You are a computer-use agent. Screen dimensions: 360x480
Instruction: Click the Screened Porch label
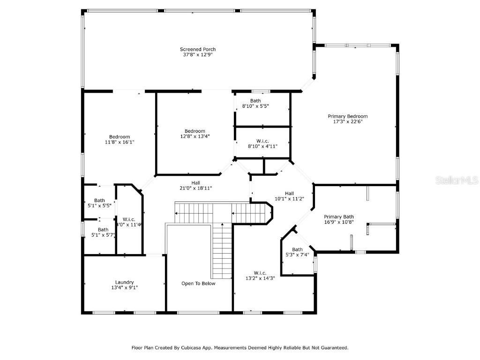click(x=198, y=49)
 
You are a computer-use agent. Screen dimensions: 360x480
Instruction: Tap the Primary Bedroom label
click(x=347, y=116)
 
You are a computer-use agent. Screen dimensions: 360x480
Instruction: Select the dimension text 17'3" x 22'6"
click(x=347, y=122)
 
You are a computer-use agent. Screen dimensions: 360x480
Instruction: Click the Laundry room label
click(x=124, y=282)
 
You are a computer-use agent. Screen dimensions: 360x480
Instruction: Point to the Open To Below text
click(x=198, y=284)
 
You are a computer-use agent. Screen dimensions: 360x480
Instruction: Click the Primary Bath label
click(x=339, y=217)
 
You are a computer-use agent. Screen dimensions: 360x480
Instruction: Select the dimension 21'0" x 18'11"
click(x=195, y=188)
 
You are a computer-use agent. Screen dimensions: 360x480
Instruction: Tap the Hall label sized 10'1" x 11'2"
click(x=289, y=193)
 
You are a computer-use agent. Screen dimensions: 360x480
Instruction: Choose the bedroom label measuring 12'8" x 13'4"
click(x=195, y=131)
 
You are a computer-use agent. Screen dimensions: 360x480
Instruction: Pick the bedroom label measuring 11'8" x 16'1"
click(x=120, y=136)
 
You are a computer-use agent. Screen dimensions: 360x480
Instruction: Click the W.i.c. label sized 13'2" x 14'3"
click(x=260, y=273)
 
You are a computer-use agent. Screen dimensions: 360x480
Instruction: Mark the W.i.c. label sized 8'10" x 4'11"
click(x=262, y=141)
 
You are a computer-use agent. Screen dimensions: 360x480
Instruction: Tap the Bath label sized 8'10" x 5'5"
click(x=255, y=101)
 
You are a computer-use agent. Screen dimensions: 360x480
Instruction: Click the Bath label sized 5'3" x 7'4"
click(x=297, y=249)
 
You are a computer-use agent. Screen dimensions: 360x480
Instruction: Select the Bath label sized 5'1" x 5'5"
click(x=99, y=200)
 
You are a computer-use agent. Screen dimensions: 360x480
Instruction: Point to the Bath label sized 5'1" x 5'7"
click(x=103, y=230)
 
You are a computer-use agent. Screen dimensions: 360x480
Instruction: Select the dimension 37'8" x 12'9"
click(x=198, y=55)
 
